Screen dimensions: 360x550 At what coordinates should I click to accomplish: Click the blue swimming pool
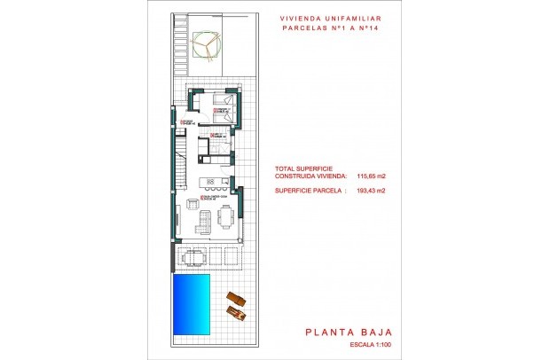click(192, 304)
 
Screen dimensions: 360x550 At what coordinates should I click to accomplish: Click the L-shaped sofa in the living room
click(200, 219)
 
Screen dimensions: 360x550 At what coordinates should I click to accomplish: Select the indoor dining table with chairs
click(227, 215)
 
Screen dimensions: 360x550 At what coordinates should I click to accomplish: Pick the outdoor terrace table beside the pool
click(195, 257)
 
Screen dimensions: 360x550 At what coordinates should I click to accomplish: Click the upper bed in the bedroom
click(224, 101)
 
